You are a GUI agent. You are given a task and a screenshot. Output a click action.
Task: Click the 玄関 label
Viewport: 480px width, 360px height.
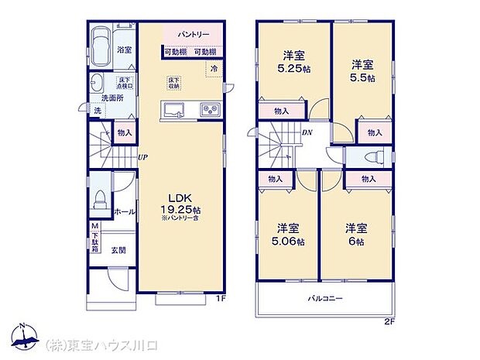tap(118, 249)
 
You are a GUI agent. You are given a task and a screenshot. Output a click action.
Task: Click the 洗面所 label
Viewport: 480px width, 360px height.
tap(114, 98)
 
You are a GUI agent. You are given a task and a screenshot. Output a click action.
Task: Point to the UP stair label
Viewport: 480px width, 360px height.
tap(142, 157)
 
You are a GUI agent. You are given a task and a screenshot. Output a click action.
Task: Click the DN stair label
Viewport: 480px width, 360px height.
tap(307, 132)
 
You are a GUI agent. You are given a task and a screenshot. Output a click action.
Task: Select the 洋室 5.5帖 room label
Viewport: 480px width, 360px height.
tap(362, 70)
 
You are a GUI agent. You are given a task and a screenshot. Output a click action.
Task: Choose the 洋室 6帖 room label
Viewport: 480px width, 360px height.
tap(357, 235)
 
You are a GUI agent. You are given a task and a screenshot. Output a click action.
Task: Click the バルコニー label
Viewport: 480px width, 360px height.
tap(323, 298)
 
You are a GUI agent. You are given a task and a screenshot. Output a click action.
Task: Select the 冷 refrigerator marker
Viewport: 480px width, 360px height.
tap(214, 68)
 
